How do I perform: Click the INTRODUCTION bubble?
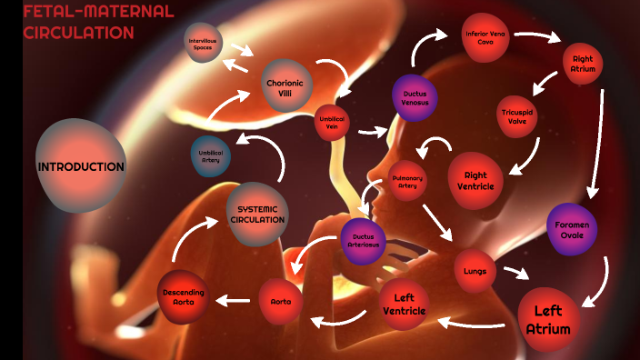pyautogui.click(x=81, y=166)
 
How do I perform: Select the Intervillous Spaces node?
pyautogui.click(x=204, y=43)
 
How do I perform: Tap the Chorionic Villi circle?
pyautogui.click(x=287, y=86)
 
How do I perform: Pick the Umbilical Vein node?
pyautogui.click(x=332, y=123)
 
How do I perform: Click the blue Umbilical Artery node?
pyautogui.click(x=210, y=155)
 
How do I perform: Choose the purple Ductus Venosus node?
pyautogui.click(x=415, y=98)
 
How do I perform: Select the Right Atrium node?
pyautogui.click(x=582, y=64)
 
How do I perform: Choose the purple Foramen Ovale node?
pyautogui.click(x=572, y=230)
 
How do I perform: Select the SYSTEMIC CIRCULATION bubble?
pyautogui.click(x=257, y=214)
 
